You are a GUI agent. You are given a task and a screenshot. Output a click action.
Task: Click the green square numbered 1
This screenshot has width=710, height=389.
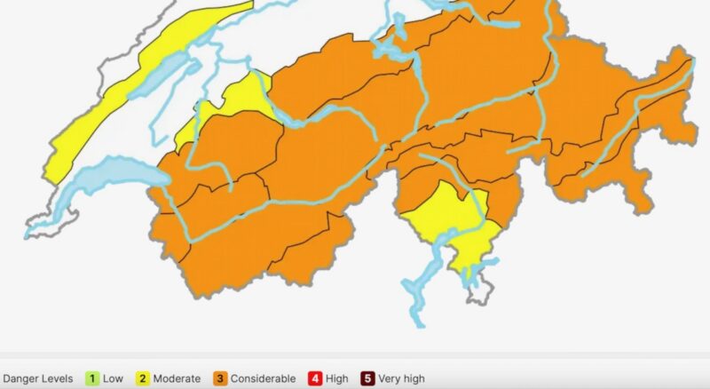[x=91, y=378]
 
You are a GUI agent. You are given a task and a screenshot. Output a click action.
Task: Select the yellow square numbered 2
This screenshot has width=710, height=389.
[x=141, y=378]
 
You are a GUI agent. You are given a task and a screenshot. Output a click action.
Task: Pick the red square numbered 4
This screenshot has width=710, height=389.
[x=313, y=378]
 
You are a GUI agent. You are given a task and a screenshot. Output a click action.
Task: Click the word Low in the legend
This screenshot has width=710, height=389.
[x=113, y=378]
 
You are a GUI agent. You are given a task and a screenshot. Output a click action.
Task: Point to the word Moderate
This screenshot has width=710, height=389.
[x=177, y=378]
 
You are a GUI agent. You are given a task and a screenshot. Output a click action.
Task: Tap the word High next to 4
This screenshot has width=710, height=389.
[x=336, y=378]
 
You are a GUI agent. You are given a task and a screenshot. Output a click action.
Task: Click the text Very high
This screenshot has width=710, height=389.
[x=401, y=378]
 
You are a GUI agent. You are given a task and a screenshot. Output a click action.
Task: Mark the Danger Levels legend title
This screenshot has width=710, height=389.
[x=37, y=378]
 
